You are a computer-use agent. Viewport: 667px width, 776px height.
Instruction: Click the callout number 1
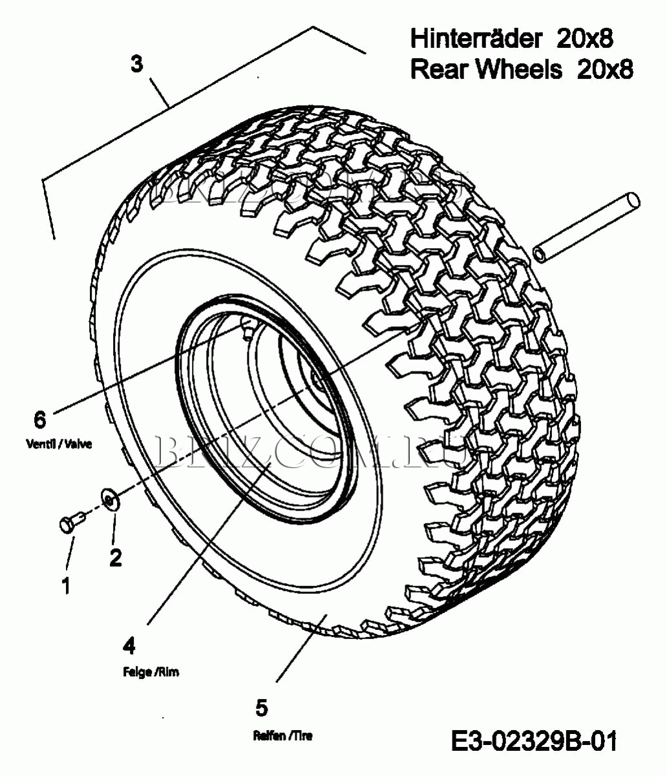point(66,585)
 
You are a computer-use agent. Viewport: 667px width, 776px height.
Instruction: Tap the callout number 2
point(115,557)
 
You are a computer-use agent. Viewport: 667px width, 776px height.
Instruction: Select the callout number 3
point(136,65)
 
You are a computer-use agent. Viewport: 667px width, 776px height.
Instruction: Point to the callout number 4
point(129,645)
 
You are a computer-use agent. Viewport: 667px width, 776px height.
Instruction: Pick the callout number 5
point(261,708)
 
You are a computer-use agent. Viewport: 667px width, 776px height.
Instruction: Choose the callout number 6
point(40,419)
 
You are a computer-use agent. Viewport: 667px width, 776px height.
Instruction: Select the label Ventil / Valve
point(59,445)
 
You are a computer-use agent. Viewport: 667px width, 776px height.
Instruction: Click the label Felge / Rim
point(151,672)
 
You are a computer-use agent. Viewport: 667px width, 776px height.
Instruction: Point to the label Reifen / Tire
point(282,735)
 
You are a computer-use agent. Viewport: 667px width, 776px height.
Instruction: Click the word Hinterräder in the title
point(475,39)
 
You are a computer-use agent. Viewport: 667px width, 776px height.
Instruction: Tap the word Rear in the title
point(439,69)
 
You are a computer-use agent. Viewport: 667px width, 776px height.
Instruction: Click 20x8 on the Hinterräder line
point(584,39)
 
